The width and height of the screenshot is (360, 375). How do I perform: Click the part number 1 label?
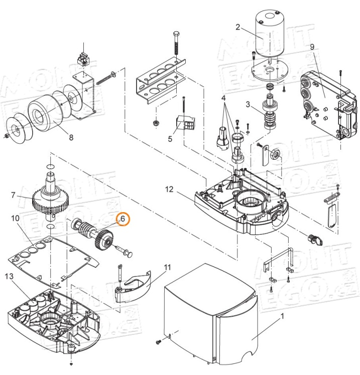[x=282, y=317]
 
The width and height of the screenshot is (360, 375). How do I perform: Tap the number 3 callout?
[x=247, y=104]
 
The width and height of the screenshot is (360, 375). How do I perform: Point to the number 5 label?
[x=170, y=138]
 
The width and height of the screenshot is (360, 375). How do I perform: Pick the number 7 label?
[x=14, y=194]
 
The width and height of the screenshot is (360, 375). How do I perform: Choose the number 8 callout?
[x=70, y=138]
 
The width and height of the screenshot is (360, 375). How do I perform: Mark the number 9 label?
[x=312, y=47]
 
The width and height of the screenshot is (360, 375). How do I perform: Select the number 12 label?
[x=169, y=189]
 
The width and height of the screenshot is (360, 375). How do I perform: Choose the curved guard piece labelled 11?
[x=133, y=287]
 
